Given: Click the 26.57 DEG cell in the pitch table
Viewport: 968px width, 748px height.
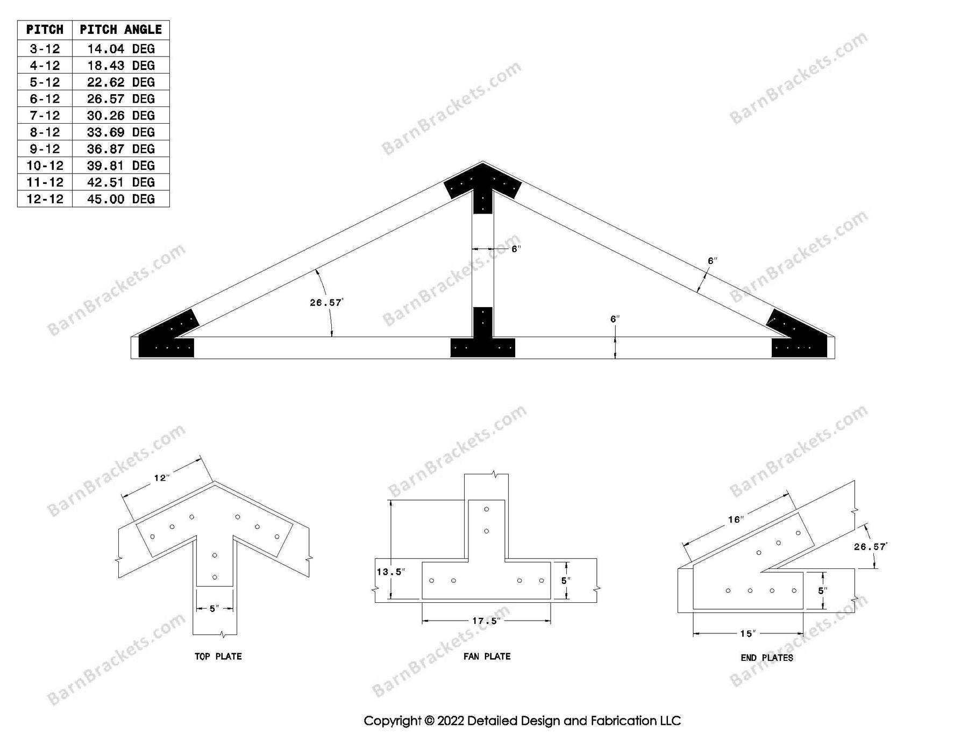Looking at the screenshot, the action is coord(120,99).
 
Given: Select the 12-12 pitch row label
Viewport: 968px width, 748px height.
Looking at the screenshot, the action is coord(45,199).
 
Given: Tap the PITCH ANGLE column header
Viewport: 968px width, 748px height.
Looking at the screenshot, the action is coord(120,30).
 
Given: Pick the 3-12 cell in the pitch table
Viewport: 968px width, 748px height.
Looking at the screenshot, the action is coord(45,49).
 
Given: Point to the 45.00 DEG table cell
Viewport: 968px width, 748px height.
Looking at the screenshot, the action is coord(120,199).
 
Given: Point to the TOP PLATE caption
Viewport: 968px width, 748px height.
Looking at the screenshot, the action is coord(218,656).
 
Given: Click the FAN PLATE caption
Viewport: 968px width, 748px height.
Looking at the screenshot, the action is coord(487,656).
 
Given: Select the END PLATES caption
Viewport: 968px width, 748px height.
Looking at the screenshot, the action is coord(766,657).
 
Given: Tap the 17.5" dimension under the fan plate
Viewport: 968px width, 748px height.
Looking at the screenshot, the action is coord(485,621).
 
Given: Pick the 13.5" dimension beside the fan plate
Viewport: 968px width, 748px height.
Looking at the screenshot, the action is coord(390,572).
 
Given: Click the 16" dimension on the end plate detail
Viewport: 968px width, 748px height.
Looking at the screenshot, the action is coord(736,519).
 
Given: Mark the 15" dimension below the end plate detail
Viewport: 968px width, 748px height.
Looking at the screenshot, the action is coord(747,633).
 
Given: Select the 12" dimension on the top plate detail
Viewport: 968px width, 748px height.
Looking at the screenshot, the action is coord(161,478).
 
